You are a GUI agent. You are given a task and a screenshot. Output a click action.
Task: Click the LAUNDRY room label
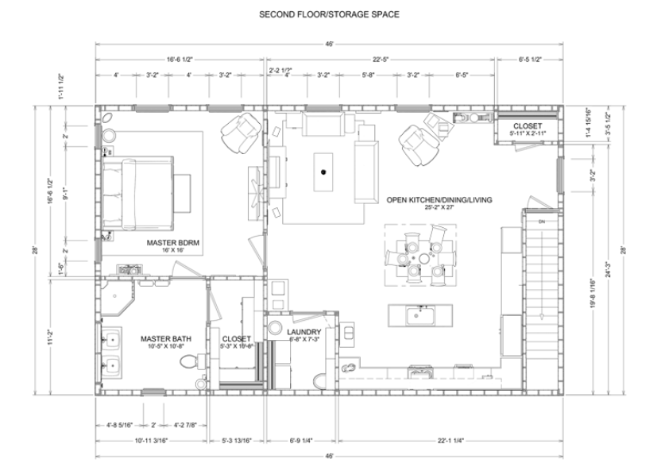304,332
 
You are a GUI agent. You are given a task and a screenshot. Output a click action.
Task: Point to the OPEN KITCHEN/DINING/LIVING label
439,200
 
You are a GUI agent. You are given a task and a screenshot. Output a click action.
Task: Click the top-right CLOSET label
528,126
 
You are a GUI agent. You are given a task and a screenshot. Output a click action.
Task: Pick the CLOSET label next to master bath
237,339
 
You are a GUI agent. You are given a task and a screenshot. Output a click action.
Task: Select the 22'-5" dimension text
382,59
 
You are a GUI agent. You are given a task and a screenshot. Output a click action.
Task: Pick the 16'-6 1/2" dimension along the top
180,59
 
